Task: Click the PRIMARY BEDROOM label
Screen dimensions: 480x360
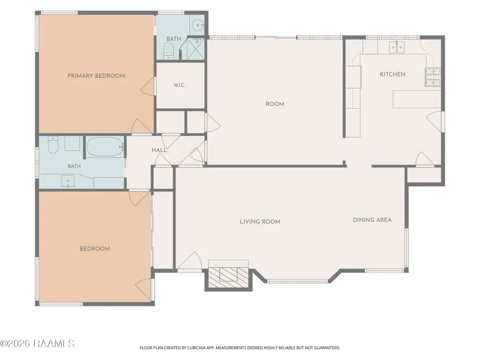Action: click(x=96, y=76)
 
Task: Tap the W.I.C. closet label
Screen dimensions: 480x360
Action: click(x=179, y=85)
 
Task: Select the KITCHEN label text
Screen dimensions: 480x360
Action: click(x=393, y=74)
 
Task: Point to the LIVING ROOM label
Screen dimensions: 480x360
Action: click(x=260, y=222)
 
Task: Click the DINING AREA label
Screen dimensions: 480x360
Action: click(x=372, y=220)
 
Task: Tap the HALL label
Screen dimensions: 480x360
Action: click(x=159, y=150)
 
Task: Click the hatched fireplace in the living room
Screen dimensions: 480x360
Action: click(x=229, y=274)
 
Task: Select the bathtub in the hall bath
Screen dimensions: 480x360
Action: click(x=105, y=147)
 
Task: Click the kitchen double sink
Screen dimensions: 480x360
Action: click(x=397, y=47)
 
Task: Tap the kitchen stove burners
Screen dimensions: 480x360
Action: click(x=433, y=77)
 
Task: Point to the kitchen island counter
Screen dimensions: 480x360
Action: click(x=417, y=99)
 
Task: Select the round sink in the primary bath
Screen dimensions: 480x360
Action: click(x=198, y=25)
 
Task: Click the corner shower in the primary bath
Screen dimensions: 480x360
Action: click(x=193, y=49)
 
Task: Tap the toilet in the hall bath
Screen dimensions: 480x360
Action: click(x=53, y=145)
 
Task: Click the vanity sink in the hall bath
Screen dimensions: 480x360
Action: click(x=68, y=181)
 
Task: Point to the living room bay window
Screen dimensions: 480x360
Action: click(x=298, y=281)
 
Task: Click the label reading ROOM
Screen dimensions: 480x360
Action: click(x=275, y=104)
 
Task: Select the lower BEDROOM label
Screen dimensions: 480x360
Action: click(x=95, y=249)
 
